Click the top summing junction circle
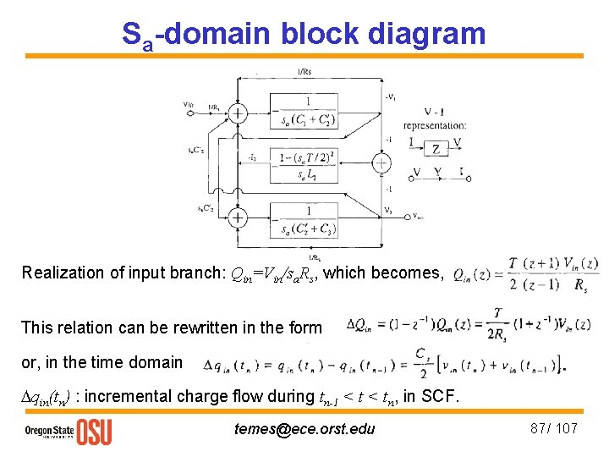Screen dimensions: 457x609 tap(239, 113)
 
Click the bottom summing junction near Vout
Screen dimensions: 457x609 tap(239, 218)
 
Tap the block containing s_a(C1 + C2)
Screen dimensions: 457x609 tap(308, 113)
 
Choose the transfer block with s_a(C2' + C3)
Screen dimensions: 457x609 tap(308, 219)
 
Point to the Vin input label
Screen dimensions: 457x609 tap(189, 104)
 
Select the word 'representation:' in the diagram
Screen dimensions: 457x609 tap(435, 125)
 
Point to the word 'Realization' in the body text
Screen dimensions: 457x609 tap(57, 273)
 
